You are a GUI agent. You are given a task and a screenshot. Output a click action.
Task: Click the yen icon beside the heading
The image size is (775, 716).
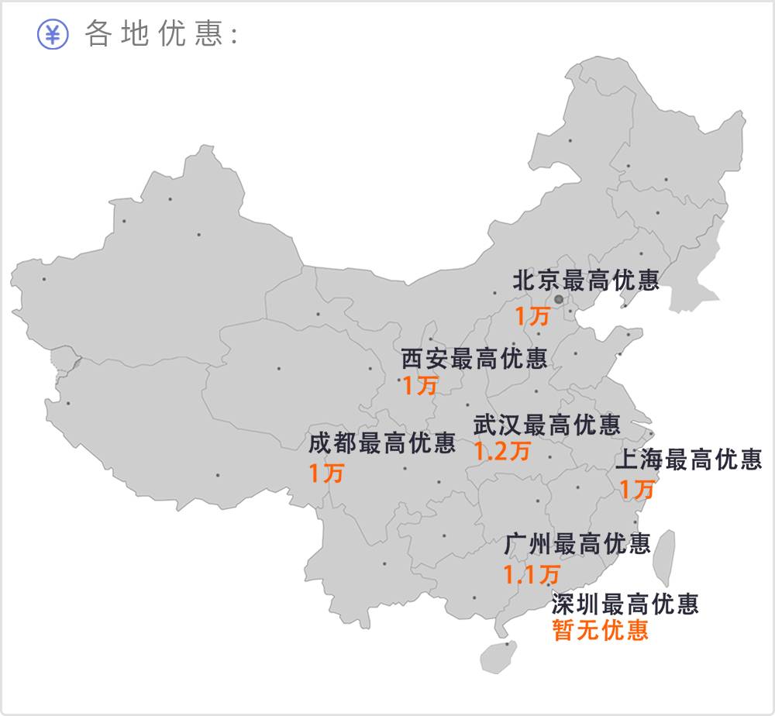tap(53, 34)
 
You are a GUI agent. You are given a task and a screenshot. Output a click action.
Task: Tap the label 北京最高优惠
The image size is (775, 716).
tap(586, 281)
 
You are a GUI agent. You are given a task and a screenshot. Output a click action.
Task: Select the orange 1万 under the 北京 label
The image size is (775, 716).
tap(532, 316)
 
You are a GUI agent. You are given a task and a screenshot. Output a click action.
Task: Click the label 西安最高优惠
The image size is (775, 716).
tap(474, 359)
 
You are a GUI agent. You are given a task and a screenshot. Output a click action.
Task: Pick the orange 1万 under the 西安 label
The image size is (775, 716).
tap(419, 385)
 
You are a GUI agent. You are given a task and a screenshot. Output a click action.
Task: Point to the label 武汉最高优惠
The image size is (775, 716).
tap(547, 425)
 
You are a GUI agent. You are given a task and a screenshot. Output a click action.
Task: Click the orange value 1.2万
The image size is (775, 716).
tap(503, 451)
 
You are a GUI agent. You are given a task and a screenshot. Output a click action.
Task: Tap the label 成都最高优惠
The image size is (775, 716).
tap(382, 444)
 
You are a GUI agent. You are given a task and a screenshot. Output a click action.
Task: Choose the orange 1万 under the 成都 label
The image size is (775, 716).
tap(326, 473)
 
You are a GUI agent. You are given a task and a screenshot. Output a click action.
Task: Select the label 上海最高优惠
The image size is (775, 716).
tap(688, 460)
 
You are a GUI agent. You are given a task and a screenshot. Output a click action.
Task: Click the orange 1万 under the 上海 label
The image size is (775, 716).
tap(637, 489)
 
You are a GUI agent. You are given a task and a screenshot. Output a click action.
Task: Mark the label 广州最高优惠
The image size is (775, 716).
tap(577, 544)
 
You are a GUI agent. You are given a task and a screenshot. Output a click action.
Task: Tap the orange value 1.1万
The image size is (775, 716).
tap(532, 574)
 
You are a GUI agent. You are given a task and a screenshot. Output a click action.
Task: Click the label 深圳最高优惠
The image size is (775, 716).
tap(625, 603)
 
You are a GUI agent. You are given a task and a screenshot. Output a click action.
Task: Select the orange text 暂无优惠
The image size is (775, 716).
tap(601, 630)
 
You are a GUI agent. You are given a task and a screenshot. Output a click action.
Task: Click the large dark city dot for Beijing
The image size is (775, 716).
tap(559, 298)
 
